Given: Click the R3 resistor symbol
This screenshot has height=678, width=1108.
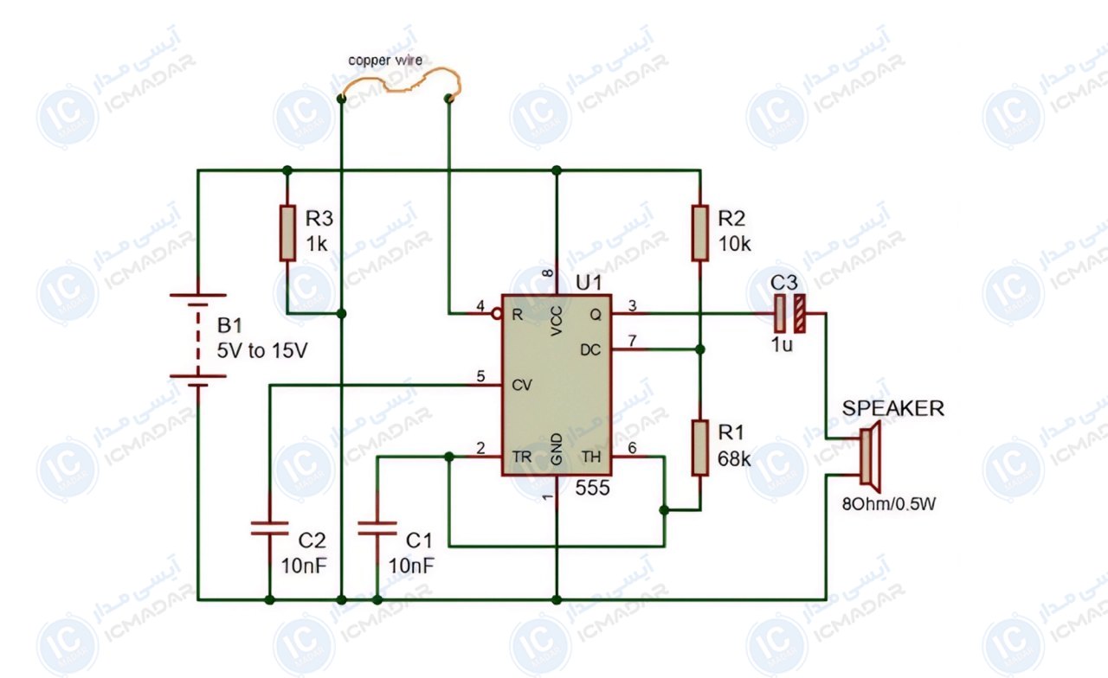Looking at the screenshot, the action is (287, 233).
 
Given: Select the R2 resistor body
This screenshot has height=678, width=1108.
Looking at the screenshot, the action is (700, 233).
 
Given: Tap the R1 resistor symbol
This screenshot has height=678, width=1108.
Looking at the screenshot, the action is (700, 448).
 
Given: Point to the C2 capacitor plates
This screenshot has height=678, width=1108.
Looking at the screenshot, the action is (269, 528).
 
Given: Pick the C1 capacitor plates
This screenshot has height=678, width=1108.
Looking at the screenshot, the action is (377, 528).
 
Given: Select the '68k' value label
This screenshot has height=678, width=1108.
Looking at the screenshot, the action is (734, 459).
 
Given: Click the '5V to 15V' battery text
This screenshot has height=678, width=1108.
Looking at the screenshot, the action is (262, 350).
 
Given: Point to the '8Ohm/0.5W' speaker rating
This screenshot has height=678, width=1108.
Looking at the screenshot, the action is (889, 504).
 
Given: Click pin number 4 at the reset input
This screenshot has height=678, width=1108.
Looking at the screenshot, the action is (480, 306).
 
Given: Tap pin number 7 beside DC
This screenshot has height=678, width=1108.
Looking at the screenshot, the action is (632, 341).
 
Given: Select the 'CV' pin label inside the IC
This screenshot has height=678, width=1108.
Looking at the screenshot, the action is (521, 385).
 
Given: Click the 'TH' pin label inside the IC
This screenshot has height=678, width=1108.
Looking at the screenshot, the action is (591, 457).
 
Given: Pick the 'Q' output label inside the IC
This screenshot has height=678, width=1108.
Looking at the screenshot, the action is (596, 315).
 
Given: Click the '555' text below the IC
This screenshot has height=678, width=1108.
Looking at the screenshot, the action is (592, 488).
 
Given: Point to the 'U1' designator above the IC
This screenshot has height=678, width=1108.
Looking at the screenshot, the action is (589, 283).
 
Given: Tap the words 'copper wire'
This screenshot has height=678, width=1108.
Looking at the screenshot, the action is (385, 61).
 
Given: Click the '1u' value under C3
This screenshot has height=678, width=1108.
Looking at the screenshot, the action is (782, 344).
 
